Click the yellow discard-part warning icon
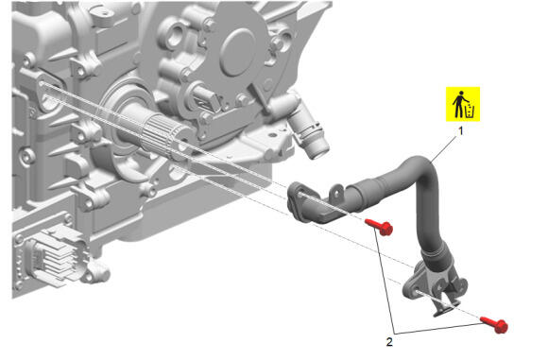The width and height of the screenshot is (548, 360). (463, 104)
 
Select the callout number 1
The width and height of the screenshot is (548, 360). (461, 131)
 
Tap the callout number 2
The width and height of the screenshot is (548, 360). (389, 342)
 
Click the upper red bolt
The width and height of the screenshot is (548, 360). (379, 227)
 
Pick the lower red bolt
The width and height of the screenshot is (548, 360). (494, 325)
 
